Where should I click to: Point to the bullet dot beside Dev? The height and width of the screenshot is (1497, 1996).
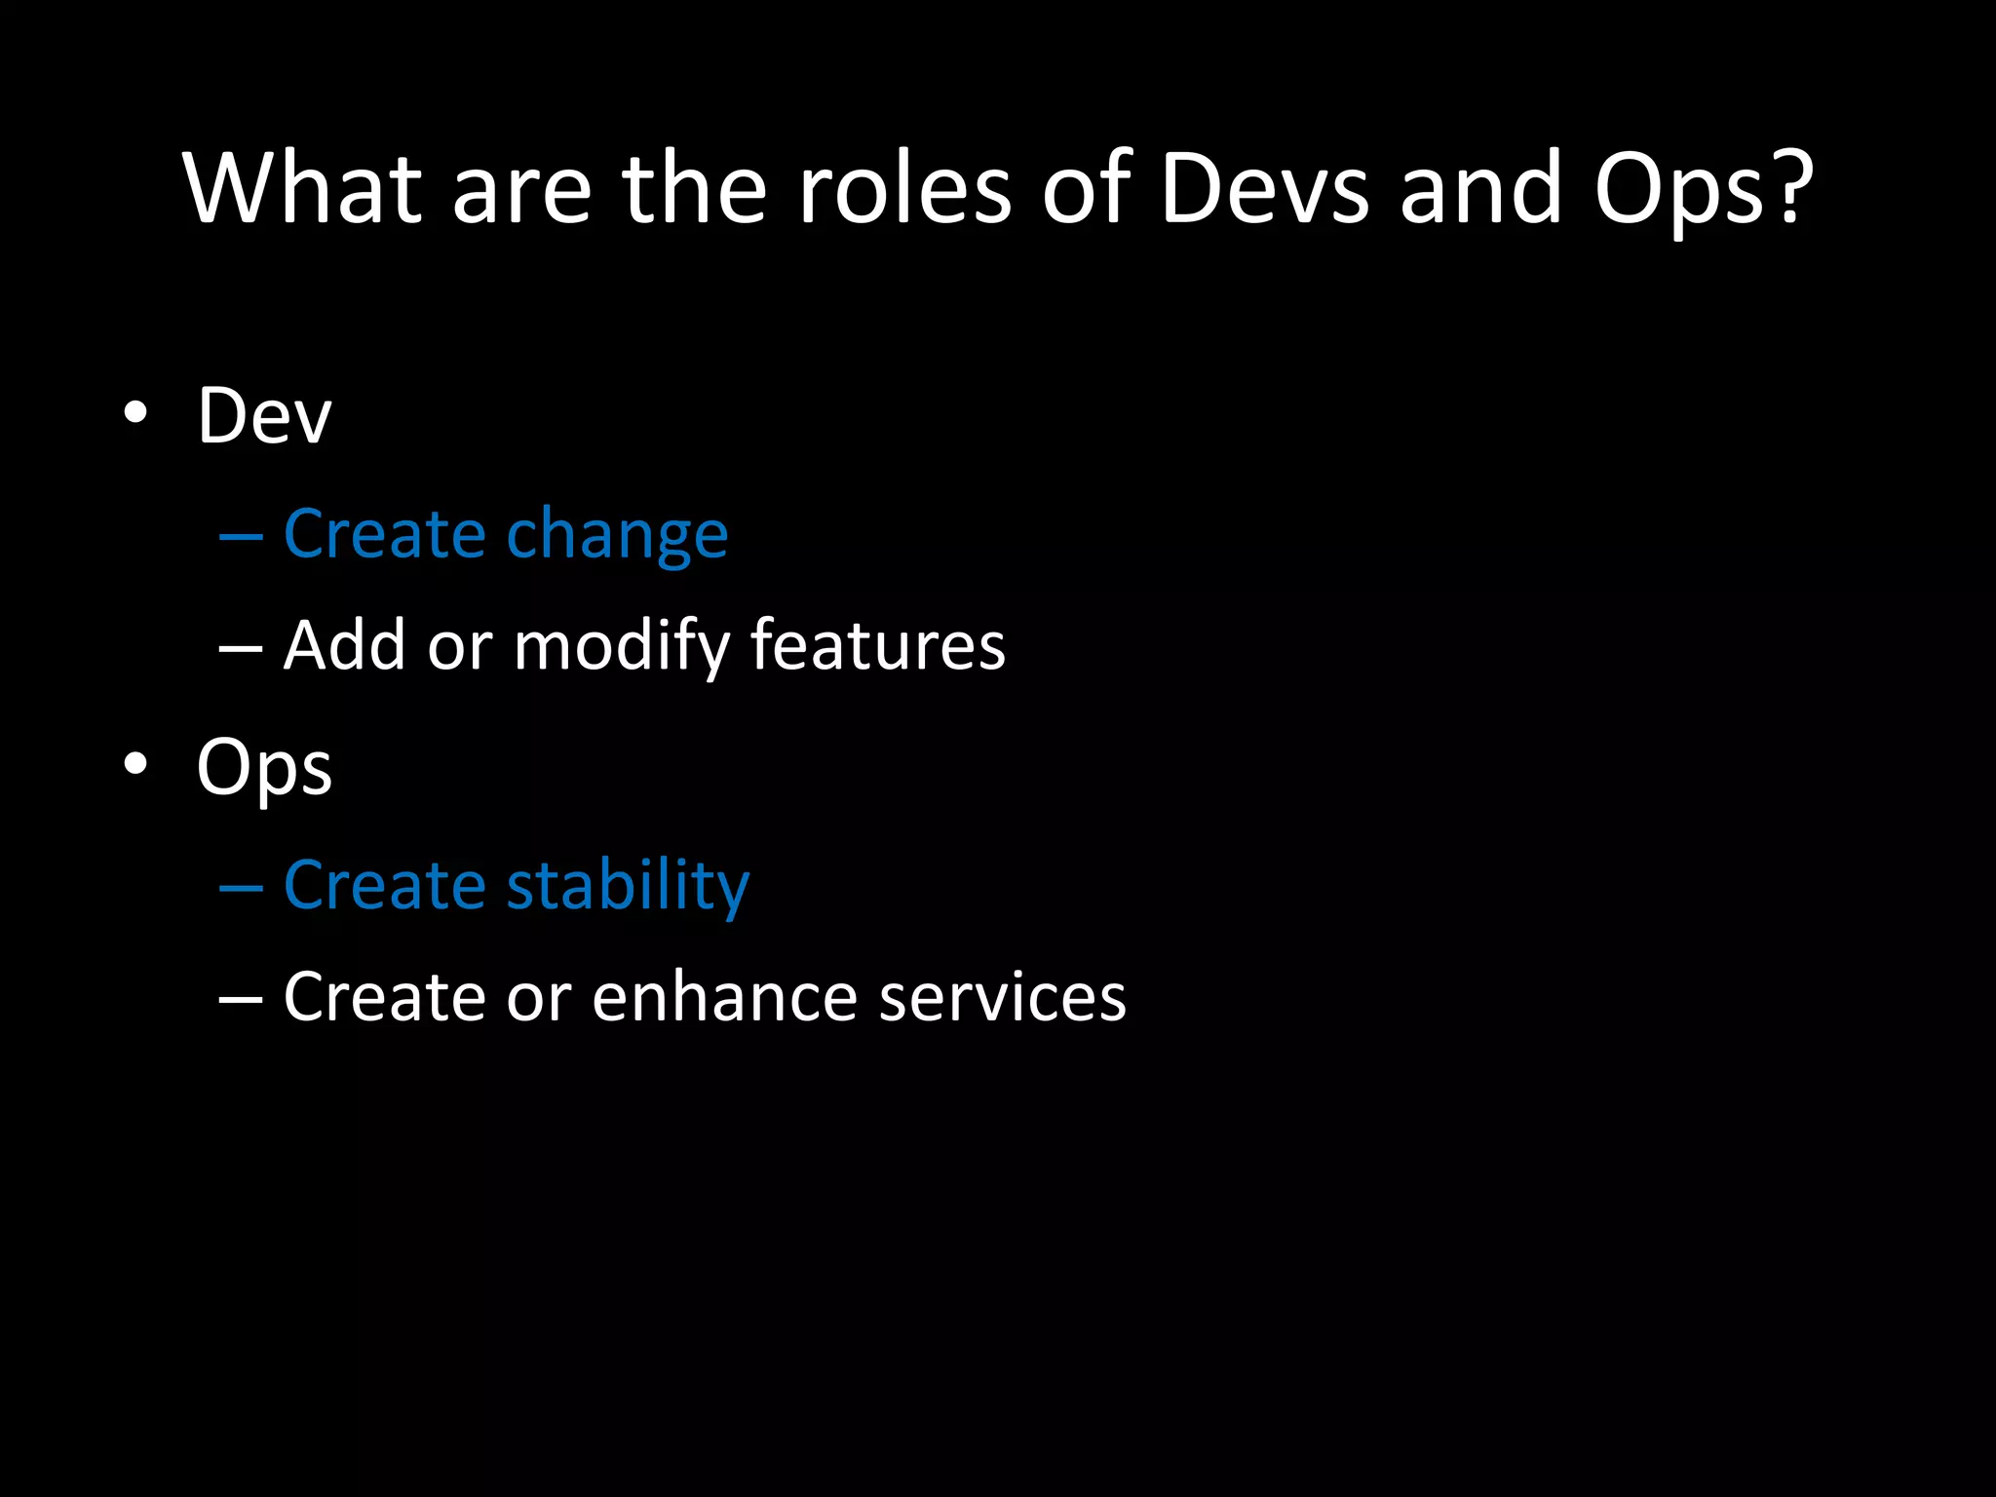pos(135,413)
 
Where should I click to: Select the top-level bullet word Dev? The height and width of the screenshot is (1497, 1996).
pos(264,416)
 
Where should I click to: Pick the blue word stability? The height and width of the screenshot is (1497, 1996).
pos(629,887)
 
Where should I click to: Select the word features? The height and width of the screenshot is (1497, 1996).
pos(877,647)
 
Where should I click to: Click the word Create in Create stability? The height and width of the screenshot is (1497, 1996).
pos(384,887)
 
